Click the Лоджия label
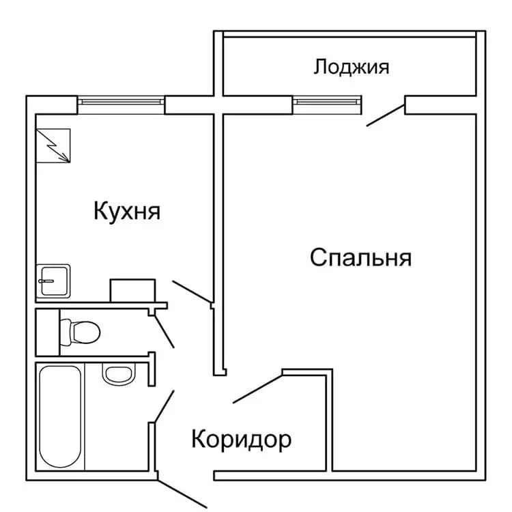[x=352, y=68]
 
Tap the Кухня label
[x=127, y=211]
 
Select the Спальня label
[x=360, y=257]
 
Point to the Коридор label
[x=241, y=440]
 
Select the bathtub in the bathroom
[x=60, y=416]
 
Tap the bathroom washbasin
[x=118, y=373]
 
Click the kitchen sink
[x=53, y=281]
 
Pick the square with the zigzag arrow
[x=53, y=145]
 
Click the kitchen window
[x=121, y=102]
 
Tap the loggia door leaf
[x=386, y=115]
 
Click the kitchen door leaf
[x=192, y=291]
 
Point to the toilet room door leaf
[x=165, y=332]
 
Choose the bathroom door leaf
[x=165, y=407]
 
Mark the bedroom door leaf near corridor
[x=257, y=389]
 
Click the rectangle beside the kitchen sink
[x=132, y=290]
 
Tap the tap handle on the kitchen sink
[x=46, y=281]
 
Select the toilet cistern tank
[x=66, y=332]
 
